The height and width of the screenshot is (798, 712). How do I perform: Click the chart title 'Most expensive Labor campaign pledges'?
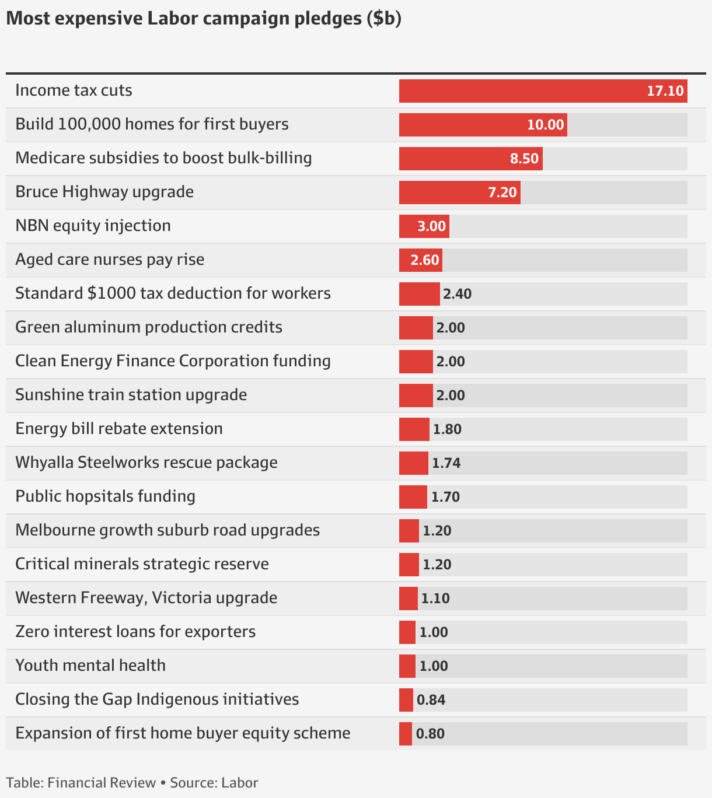204,19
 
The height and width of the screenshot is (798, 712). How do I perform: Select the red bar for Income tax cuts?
543,91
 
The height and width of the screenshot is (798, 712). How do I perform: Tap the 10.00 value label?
545,125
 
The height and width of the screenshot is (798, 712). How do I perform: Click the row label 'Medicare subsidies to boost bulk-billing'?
163,158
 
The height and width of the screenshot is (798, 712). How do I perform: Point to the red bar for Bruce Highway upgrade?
459,192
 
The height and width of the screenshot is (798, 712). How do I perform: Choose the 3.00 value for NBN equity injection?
431,226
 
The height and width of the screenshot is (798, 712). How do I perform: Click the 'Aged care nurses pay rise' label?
110,260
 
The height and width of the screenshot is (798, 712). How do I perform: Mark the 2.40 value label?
457,294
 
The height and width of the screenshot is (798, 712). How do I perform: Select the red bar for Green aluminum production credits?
416,328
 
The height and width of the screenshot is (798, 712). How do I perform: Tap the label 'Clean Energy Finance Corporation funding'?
173,361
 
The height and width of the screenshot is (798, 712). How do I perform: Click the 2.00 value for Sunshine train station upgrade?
451,395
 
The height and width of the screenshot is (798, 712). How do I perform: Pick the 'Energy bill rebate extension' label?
119,429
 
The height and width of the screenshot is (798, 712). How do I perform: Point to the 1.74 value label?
446,463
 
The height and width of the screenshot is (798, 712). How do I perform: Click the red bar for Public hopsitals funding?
413,497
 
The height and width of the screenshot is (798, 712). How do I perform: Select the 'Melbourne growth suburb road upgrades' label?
167,530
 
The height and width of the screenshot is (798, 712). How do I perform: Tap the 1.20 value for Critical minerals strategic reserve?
437,565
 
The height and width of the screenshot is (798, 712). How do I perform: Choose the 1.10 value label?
435,598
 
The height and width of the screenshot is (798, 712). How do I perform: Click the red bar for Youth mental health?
407,666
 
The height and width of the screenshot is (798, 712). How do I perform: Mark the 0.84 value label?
431,700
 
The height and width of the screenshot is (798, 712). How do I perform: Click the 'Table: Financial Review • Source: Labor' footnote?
132,783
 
